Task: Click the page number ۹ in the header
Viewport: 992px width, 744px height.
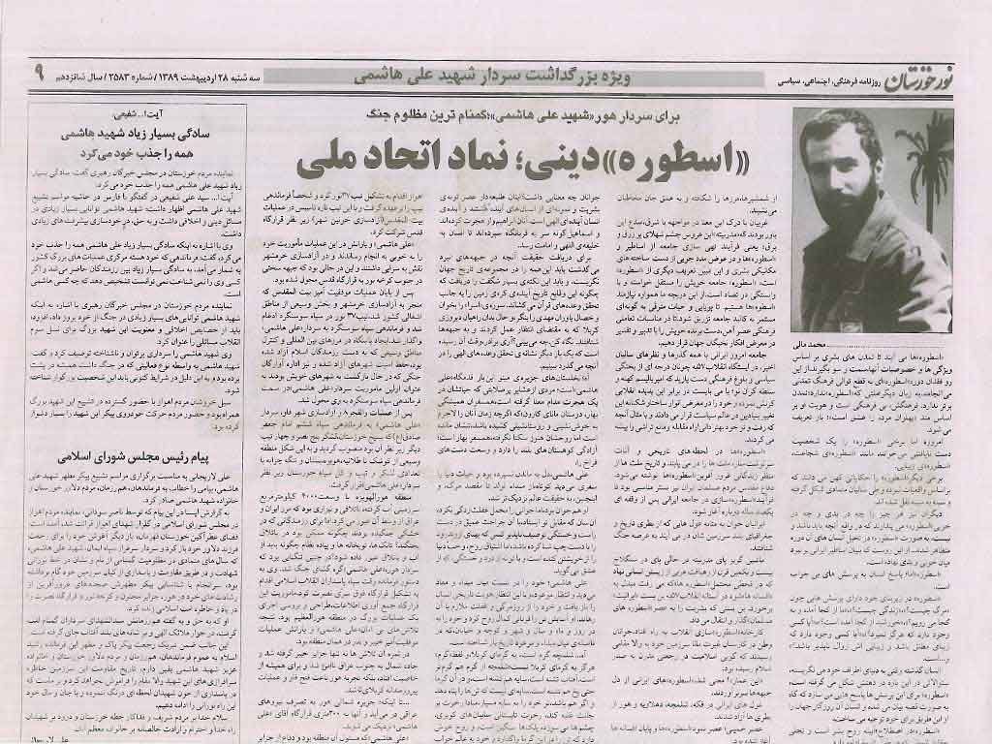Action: tap(39, 72)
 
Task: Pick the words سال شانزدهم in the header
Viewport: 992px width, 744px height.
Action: tap(95, 75)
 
